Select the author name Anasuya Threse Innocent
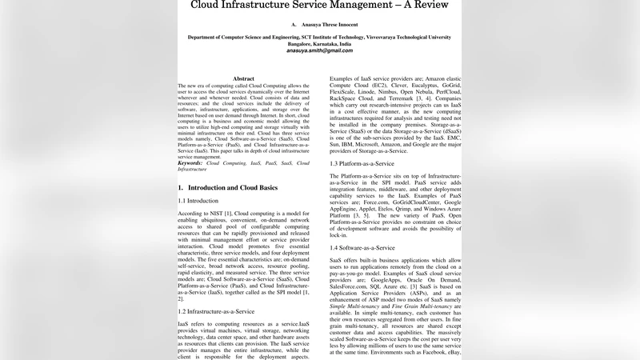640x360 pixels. (329, 26)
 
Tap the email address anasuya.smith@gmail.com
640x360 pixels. (321, 50)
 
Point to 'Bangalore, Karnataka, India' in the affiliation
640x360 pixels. (320, 44)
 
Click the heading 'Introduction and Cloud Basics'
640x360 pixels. (234, 187)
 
